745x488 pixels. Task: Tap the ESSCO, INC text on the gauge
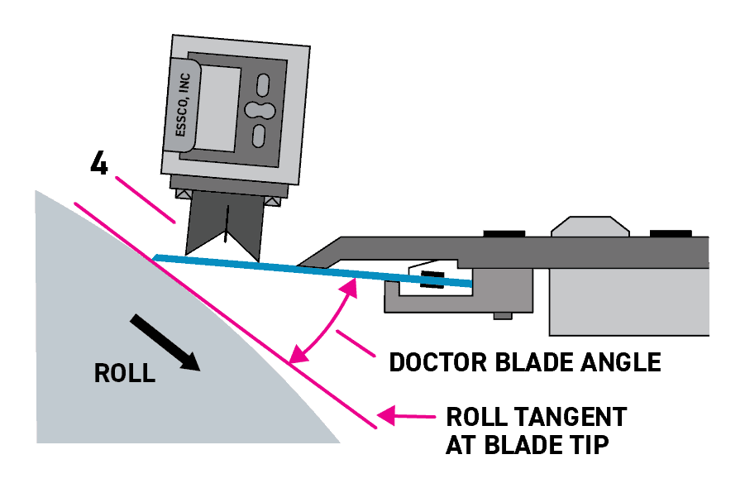point(184,105)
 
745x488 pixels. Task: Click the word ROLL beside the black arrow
point(125,373)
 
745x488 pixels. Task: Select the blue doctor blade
point(314,270)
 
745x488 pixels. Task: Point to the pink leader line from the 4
point(146,199)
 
